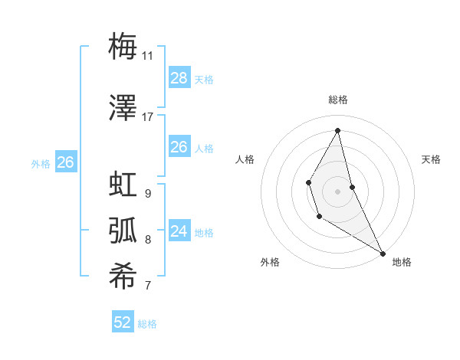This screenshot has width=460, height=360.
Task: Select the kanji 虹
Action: [x=123, y=185]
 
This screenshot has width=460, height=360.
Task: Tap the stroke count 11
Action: [x=147, y=56]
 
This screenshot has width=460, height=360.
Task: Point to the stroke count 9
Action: [x=147, y=194]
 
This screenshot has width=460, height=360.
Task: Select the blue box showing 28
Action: [x=179, y=78]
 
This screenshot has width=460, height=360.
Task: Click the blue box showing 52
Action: [x=123, y=322]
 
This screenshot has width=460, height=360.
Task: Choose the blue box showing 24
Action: [x=179, y=231]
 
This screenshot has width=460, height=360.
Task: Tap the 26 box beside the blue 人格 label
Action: [x=179, y=147]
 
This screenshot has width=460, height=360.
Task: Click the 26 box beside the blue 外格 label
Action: [x=66, y=162]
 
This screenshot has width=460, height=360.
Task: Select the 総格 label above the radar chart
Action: [x=338, y=100]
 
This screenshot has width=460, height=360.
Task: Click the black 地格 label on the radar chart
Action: [x=402, y=262]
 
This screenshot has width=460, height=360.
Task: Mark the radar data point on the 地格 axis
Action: [x=383, y=253]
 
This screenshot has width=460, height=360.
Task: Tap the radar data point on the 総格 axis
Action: [x=338, y=130]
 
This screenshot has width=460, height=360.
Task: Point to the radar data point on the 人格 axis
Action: [x=309, y=182]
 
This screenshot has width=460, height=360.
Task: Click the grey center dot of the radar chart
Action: [x=337, y=191]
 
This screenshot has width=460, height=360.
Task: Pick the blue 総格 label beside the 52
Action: [x=147, y=324]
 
